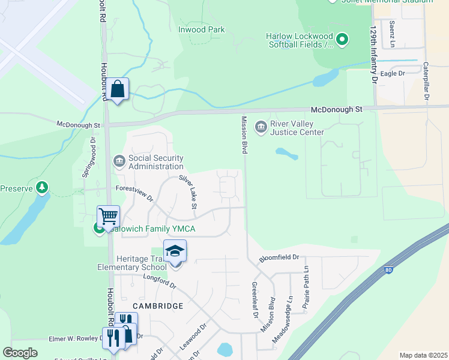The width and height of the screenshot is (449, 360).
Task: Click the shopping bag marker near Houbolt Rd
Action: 119,90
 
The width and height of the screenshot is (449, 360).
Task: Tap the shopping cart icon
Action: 108,217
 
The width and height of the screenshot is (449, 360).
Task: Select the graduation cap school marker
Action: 175,251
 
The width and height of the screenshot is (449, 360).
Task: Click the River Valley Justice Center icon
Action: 261,125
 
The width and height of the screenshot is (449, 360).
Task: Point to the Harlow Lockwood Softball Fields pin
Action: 342,40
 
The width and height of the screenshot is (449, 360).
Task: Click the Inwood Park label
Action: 201,29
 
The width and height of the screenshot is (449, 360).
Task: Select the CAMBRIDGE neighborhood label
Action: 158,306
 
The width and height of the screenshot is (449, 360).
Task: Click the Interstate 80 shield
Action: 388,271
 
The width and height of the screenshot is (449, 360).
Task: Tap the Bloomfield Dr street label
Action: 279,258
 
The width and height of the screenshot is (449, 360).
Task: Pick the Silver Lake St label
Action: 188,192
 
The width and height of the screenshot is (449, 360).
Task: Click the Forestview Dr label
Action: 134,193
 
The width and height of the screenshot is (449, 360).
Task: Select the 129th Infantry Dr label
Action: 373,46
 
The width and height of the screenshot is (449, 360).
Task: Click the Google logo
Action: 20,353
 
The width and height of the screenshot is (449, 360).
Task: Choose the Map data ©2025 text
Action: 423,355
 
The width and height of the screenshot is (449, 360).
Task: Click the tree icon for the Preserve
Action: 41,188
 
